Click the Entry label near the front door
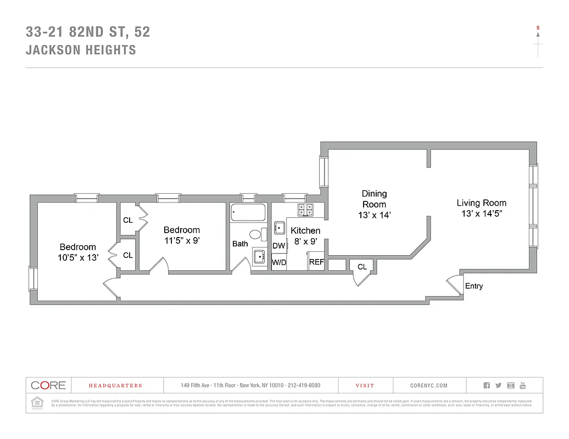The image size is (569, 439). pos(473,286)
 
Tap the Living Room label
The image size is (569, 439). pos(481,203)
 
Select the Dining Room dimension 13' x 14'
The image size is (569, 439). pos(374,216)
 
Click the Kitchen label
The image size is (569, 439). pos(305,230)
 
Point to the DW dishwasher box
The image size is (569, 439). pos(279,246)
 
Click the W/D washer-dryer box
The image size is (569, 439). pos(279,262)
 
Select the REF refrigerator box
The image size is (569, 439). pos(316,262)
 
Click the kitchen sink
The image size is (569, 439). pos(280,227)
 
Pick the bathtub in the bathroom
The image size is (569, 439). pos(248,212)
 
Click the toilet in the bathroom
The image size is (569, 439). pos(256,235)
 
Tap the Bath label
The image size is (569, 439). pos(240,244)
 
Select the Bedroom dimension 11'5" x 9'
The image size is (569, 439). pos(182,240)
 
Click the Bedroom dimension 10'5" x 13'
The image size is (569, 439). pos(77,257)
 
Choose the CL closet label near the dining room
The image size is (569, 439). pos(362,267)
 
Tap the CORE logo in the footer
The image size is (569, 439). pos(48,385)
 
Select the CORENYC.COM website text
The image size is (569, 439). pos(429,386)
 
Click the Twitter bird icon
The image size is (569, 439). pos(498,385)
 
